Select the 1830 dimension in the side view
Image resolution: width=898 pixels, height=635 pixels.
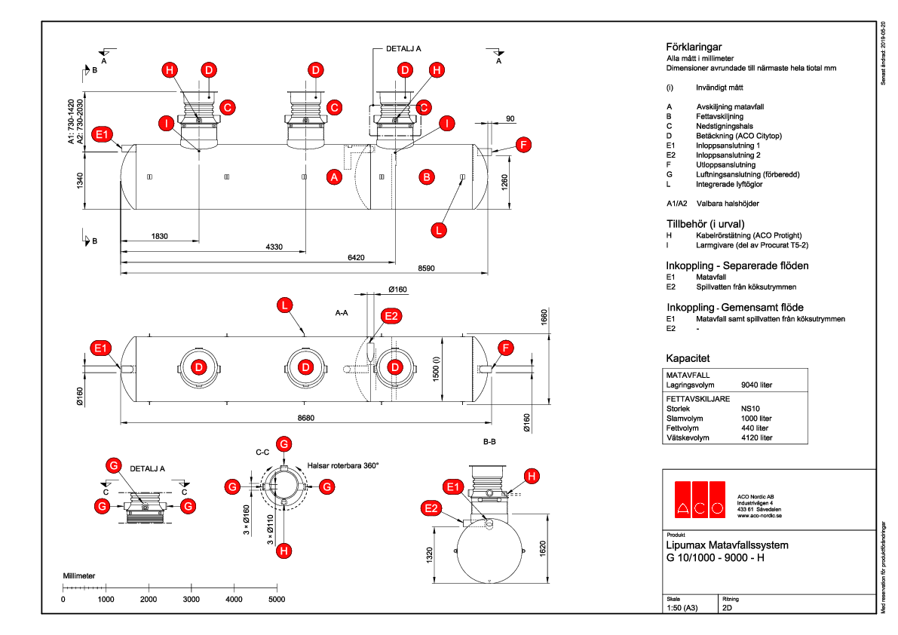[159, 237]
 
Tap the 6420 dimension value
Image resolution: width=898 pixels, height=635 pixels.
[355, 257]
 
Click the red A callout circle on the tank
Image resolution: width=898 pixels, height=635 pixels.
[333, 177]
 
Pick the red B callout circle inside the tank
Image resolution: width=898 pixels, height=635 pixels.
[427, 177]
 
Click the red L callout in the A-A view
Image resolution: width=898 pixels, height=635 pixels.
[283, 305]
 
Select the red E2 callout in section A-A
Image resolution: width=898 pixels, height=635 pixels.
[390, 316]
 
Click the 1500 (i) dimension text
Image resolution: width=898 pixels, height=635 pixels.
[437, 367]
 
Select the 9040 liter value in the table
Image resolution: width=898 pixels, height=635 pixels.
[756, 385]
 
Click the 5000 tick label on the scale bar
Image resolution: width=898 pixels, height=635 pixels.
[277, 599]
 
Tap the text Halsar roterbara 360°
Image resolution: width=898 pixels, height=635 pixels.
[342, 465]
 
